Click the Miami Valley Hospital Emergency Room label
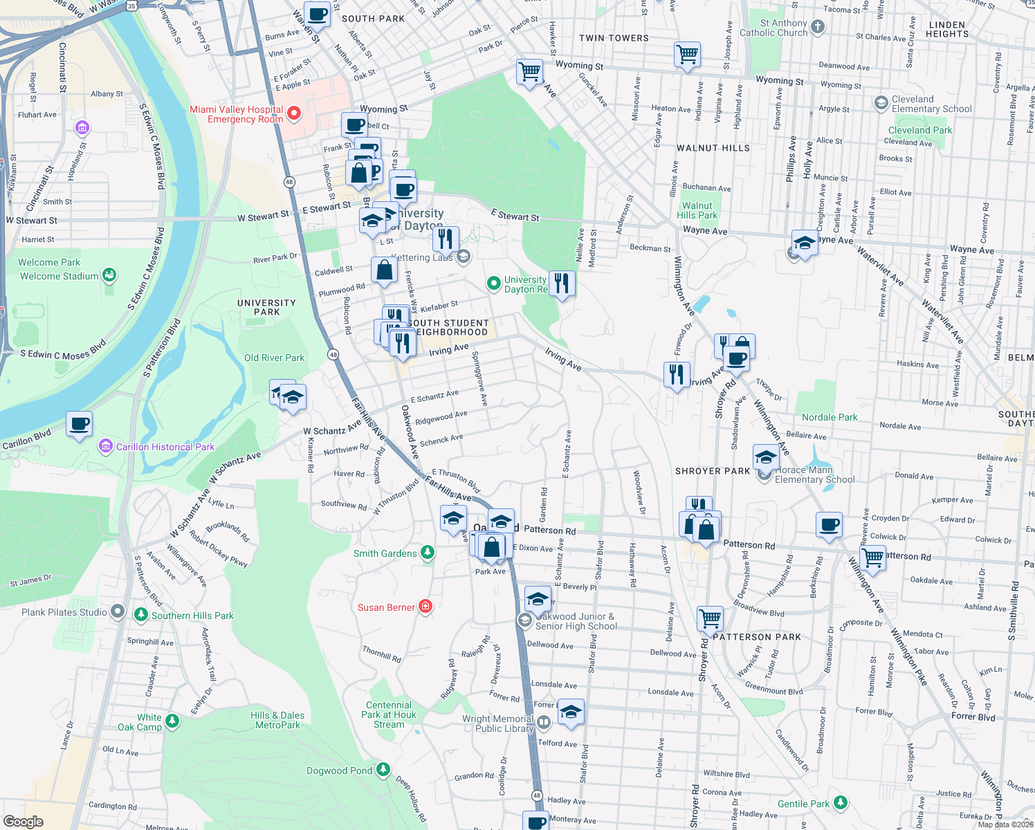(x=236, y=114)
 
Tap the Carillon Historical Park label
(x=165, y=447)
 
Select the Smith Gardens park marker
(x=428, y=553)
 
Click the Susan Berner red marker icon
(x=425, y=607)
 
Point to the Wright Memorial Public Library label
(x=497, y=723)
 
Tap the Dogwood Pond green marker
(x=383, y=770)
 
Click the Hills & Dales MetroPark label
(x=277, y=720)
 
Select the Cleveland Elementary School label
(x=931, y=104)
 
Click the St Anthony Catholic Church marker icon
(x=818, y=27)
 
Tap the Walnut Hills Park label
(x=697, y=210)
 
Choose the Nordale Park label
(x=829, y=417)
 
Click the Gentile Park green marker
(x=841, y=802)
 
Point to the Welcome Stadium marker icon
(x=109, y=275)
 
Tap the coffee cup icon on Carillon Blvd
(x=80, y=423)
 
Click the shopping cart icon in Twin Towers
(x=687, y=54)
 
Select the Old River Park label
(x=274, y=358)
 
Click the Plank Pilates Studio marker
(x=118, y=611)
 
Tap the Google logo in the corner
(x=24, y=821)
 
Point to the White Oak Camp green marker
(x=172, y=721)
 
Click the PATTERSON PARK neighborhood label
(x=757, y=637)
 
